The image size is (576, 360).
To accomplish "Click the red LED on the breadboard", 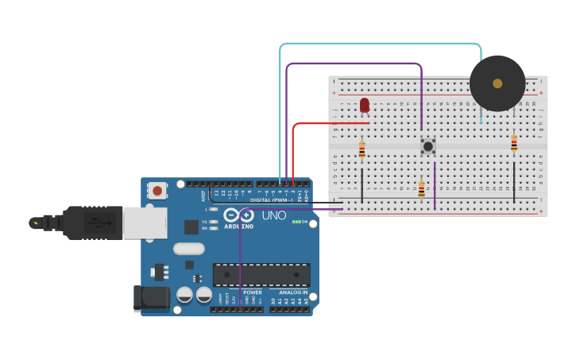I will (365, 104).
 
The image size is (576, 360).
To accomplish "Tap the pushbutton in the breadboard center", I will (428, 145).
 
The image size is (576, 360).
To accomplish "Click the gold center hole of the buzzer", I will (497, 83).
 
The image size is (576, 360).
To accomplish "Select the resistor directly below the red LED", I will (362, 150).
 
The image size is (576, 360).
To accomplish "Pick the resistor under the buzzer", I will (514, 143).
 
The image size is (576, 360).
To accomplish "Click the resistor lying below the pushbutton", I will (422, 189).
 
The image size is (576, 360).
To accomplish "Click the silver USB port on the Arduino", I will (145, 223).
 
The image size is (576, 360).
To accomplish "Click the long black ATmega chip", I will (261, 275).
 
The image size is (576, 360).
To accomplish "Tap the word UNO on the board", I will (274, 215).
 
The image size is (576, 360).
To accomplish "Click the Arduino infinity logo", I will (238, 215).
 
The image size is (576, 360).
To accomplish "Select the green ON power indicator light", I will (296, 222).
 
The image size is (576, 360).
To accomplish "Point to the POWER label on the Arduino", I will (253, 292).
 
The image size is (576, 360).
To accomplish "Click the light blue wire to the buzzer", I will (381, 44).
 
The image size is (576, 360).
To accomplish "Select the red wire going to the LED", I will (326, 123).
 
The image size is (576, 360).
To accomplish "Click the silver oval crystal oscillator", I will (189, 249).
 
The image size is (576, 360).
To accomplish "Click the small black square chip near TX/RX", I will (191, 226).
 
